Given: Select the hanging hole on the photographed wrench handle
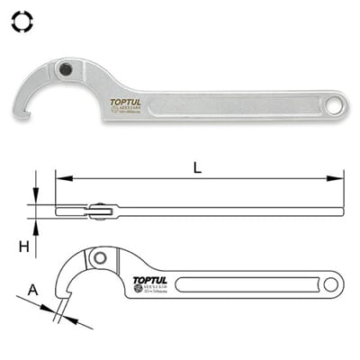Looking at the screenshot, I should tap(335, 103).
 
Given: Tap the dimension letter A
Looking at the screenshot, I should tap(33, 290).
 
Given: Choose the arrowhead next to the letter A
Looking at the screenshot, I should tap(49, 308).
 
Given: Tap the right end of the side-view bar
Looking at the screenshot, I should tap(342, 212).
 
